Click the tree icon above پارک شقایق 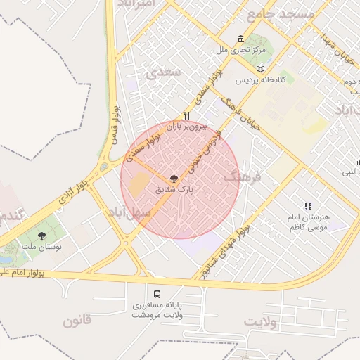click(174, 178)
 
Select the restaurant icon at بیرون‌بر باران click(187, 116)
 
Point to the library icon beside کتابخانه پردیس click(262, 69)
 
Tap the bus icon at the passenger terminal click(157, 294)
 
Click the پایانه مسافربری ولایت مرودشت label click(157, 310)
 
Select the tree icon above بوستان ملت click(42, 236)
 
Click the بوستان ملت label click(41, 249)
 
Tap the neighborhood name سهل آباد click(127, 211)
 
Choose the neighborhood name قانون click(77, 322)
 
